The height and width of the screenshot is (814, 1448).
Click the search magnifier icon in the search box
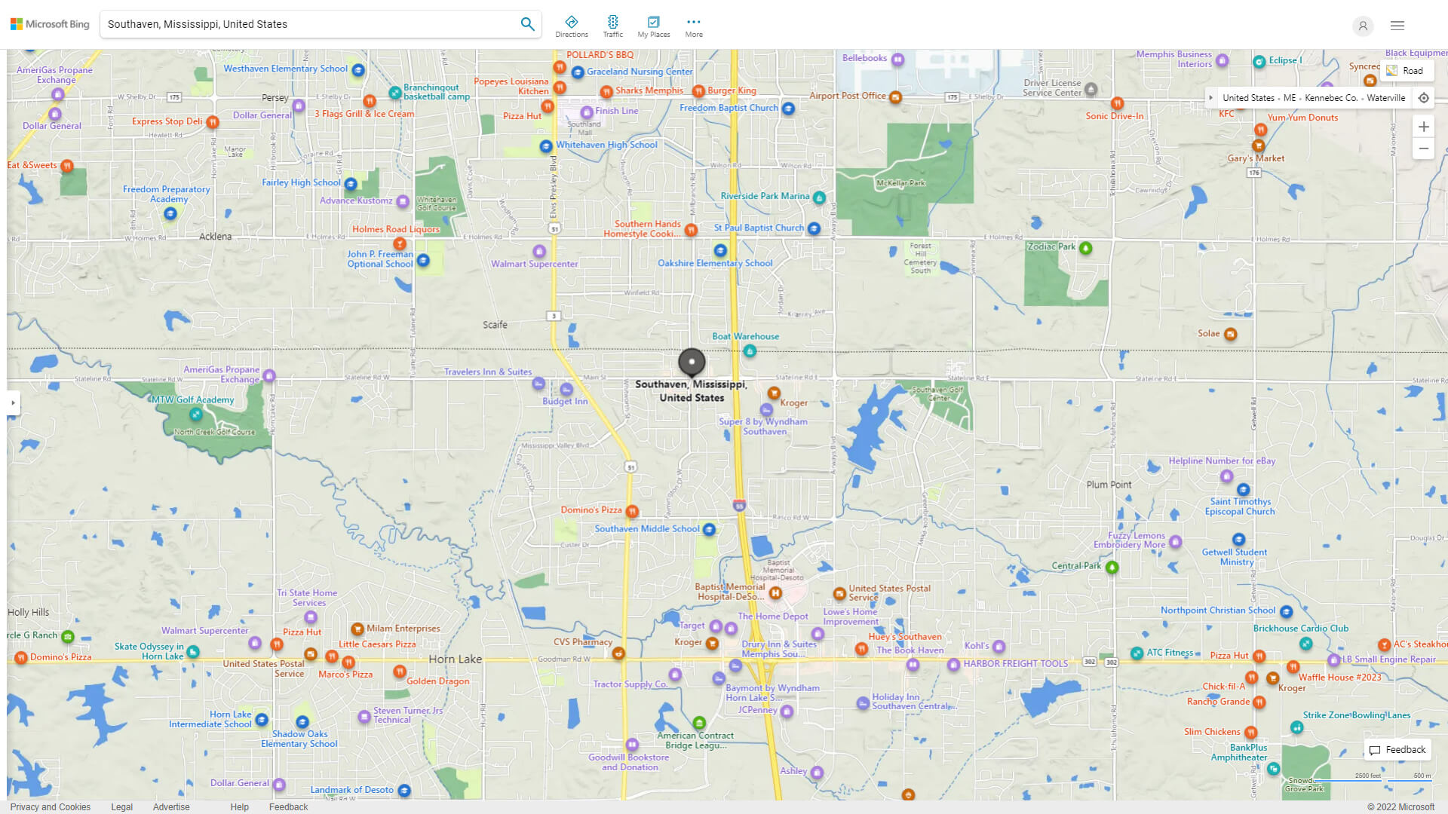point(527,24)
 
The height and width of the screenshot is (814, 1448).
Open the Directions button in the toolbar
point(571,26)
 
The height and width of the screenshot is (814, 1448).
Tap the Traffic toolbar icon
point(612,26)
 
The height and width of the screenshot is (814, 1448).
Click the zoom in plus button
point(1423,127)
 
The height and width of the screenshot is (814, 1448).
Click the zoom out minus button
point(1423,148)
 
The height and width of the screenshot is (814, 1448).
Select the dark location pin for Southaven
point(692,362)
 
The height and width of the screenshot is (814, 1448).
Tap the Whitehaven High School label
point(606,145)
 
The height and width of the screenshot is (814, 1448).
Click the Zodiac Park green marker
point(1085,248)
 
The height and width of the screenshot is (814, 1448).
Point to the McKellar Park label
point(900,183)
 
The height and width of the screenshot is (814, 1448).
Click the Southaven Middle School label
point(646,529)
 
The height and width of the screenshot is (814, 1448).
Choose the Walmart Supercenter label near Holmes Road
point(534,264)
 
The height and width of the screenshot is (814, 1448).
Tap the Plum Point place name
point(1109,485)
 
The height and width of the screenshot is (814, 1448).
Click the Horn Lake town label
point(455,659)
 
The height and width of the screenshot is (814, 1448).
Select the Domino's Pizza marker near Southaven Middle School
point(632,511)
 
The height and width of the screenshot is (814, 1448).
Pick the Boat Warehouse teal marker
point(750,351)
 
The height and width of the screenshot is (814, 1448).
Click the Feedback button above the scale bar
point(1397,750)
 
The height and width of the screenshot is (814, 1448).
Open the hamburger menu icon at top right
point(1397,26)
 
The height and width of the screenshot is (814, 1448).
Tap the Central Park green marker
point(1112,567)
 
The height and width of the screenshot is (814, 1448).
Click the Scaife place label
point(495,325)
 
